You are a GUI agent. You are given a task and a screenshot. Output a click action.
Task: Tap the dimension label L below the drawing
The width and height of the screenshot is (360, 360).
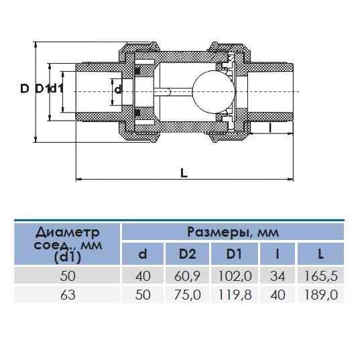[184, 173]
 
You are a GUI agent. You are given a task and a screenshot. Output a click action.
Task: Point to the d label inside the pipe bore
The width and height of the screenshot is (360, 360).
[118, 89]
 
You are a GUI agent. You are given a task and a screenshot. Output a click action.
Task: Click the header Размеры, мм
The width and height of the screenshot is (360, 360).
[231, 233]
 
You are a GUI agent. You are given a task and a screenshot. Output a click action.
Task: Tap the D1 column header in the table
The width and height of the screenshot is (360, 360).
[233, 255]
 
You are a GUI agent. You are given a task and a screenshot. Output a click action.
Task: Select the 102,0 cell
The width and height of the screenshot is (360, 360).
[233, 275]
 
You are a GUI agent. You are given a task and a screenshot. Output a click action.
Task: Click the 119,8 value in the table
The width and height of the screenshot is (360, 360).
[233, 294]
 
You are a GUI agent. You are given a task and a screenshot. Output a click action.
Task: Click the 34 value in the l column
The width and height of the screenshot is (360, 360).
[274, 275]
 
